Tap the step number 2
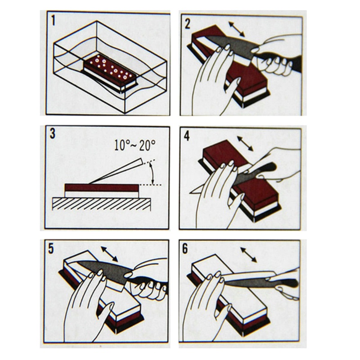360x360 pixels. point(187,24)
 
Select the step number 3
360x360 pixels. point(53,134)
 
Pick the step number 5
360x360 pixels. point(51,249)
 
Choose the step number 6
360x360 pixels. point(185,249)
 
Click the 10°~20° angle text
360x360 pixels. point(135,145)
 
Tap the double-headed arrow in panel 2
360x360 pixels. point(237,29)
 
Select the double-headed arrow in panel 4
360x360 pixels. point(245,144)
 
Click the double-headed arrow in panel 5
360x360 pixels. point(109,254)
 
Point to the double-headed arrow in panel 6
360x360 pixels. point(248,255)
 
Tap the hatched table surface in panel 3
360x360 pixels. point(102,204)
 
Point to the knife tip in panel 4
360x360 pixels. point(190,193)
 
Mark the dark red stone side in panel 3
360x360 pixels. point(102,188)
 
